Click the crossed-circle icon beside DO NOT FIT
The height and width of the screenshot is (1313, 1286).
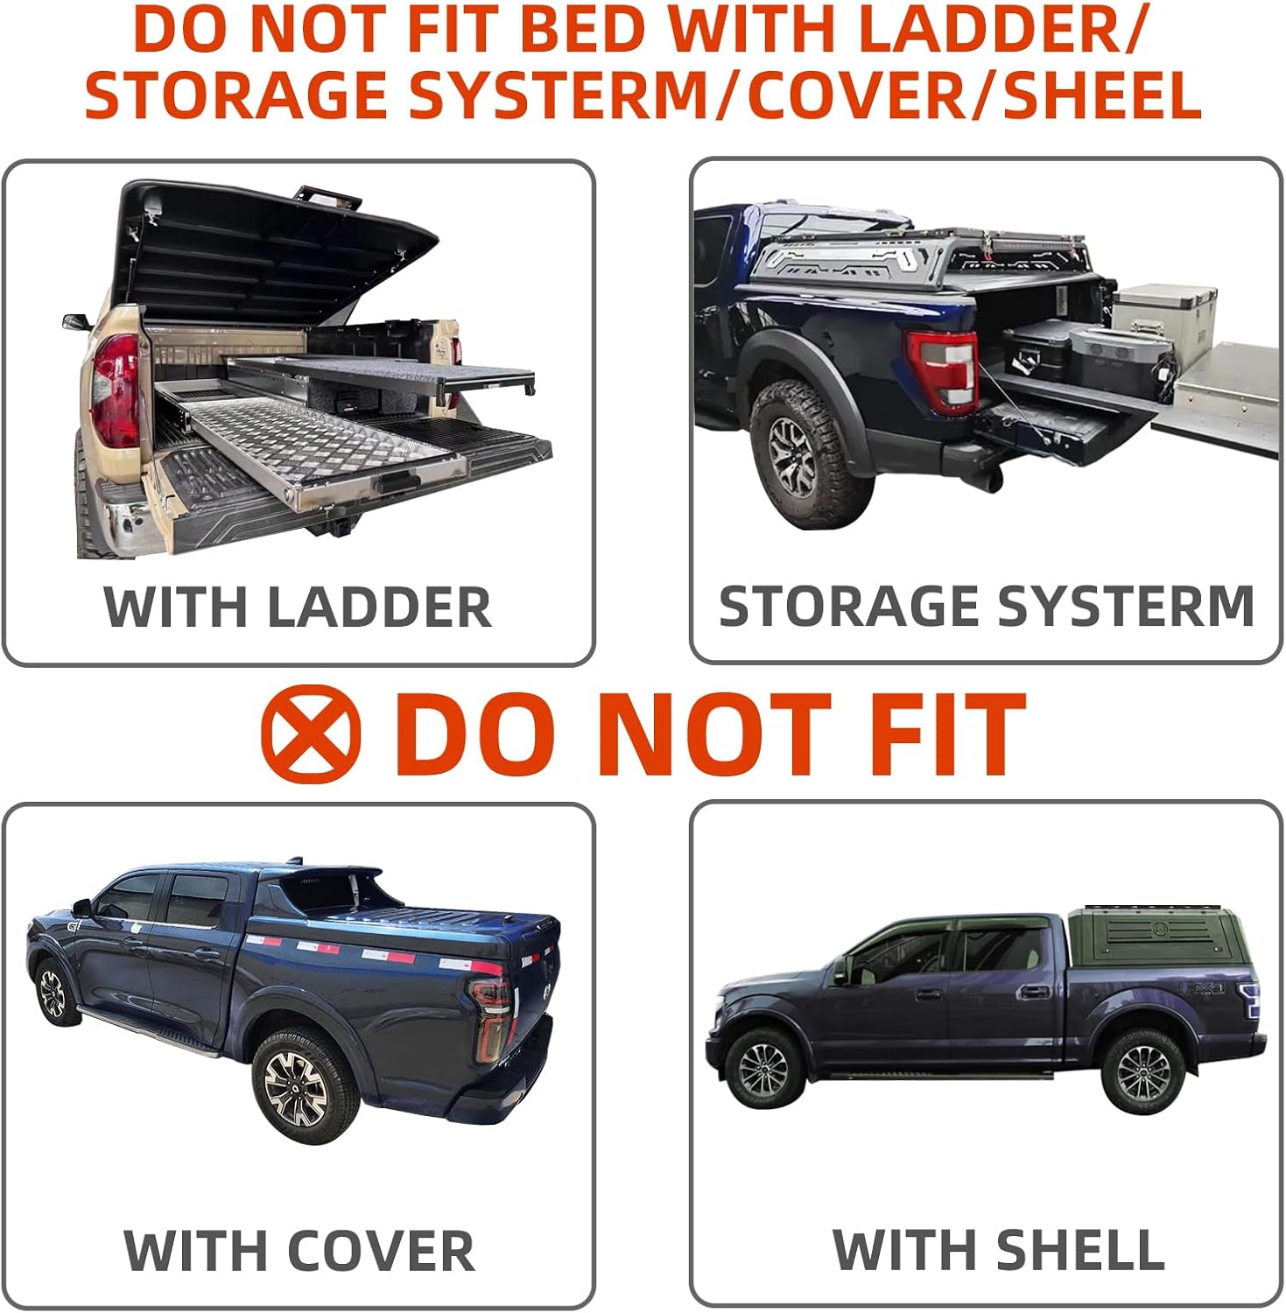[311, 734]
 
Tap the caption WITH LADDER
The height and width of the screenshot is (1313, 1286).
[298, 607]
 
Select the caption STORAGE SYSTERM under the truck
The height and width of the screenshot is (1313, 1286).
[987, 606]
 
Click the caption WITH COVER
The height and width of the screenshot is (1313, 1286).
[299, 1251]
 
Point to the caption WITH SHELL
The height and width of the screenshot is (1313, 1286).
[999, 1249]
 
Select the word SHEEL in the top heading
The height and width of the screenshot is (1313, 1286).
[1102, 95]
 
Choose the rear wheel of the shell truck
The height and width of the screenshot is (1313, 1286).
[1142, 1071]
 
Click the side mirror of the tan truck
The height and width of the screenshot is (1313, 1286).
[76, 322]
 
